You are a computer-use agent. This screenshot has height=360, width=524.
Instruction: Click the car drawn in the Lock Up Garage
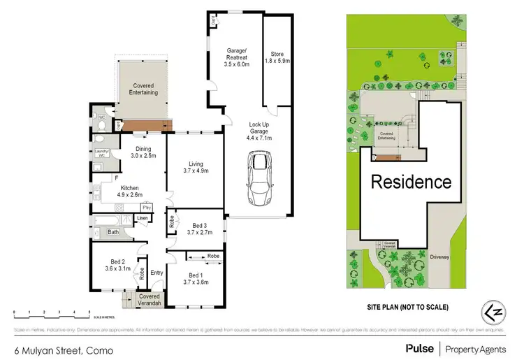tap(259, 179)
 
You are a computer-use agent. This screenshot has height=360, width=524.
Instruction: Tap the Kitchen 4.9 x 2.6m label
tap(129, 192)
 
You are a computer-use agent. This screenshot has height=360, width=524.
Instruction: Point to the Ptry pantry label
tap(146, 208)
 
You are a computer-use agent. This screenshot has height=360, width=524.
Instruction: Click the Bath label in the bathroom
tap(113, 231)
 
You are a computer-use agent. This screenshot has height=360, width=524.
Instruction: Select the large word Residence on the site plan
tap(410, 182)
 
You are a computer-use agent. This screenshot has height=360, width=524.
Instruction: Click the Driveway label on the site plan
tap(439, 257)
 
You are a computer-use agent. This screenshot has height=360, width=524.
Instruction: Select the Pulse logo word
tap(419, 347)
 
